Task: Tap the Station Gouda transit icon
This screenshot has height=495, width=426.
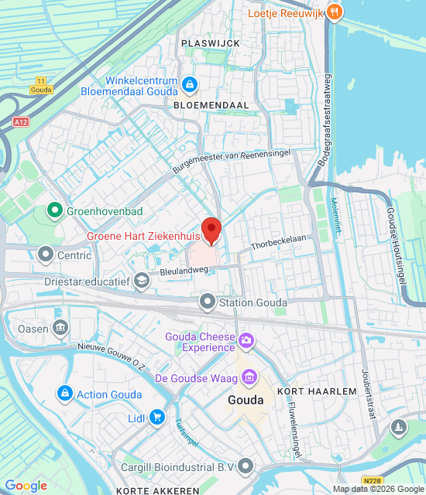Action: (x=207, y=302)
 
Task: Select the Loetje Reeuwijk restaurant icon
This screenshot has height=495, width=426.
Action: (x=334, y=12)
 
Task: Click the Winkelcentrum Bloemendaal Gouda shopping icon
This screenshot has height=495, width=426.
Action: (x=190, y=84)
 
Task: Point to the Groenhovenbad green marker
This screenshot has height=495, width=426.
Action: (x=55, y=209)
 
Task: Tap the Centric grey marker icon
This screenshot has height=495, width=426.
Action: (x=46, y=254)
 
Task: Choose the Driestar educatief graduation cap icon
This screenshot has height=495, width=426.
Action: (x=141, y=282)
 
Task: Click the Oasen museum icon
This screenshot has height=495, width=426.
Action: (x=60, y=328)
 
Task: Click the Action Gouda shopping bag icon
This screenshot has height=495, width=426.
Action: (x=64, y=394)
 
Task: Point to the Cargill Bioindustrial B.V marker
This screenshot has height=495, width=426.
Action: (x=246, y=466)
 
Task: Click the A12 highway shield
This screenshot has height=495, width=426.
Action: (x=21, y=122)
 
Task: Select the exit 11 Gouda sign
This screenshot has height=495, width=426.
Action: (x=41, y=85)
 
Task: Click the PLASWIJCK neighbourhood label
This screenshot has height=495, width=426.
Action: (x=211, y=43)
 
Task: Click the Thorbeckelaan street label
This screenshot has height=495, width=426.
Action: (x=278, y=243)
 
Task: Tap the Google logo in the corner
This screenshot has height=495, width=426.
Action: (x=26, y=486)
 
